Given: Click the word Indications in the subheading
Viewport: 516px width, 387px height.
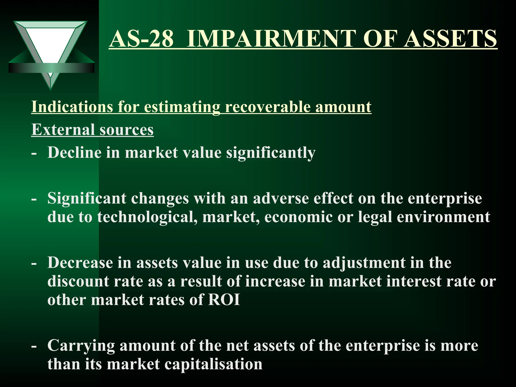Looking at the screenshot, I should point(72,107).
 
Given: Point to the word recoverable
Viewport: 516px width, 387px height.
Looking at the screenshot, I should point(268,107).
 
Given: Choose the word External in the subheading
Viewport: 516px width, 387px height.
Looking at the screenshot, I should point(63,130).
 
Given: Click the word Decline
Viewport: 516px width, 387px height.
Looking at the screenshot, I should point(74,152).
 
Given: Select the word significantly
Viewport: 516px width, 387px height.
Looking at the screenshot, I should point(271,153).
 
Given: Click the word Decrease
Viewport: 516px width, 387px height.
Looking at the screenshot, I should point(80,263).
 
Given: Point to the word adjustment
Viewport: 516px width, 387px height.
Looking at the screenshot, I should point(364,263).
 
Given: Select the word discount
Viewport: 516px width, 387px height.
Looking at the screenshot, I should point(78,281).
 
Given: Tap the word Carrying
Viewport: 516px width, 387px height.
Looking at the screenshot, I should point(81,346).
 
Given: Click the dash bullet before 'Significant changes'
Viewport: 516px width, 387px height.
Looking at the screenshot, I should point(34,199).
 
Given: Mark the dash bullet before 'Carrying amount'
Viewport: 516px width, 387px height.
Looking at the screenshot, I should point(34,346).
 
